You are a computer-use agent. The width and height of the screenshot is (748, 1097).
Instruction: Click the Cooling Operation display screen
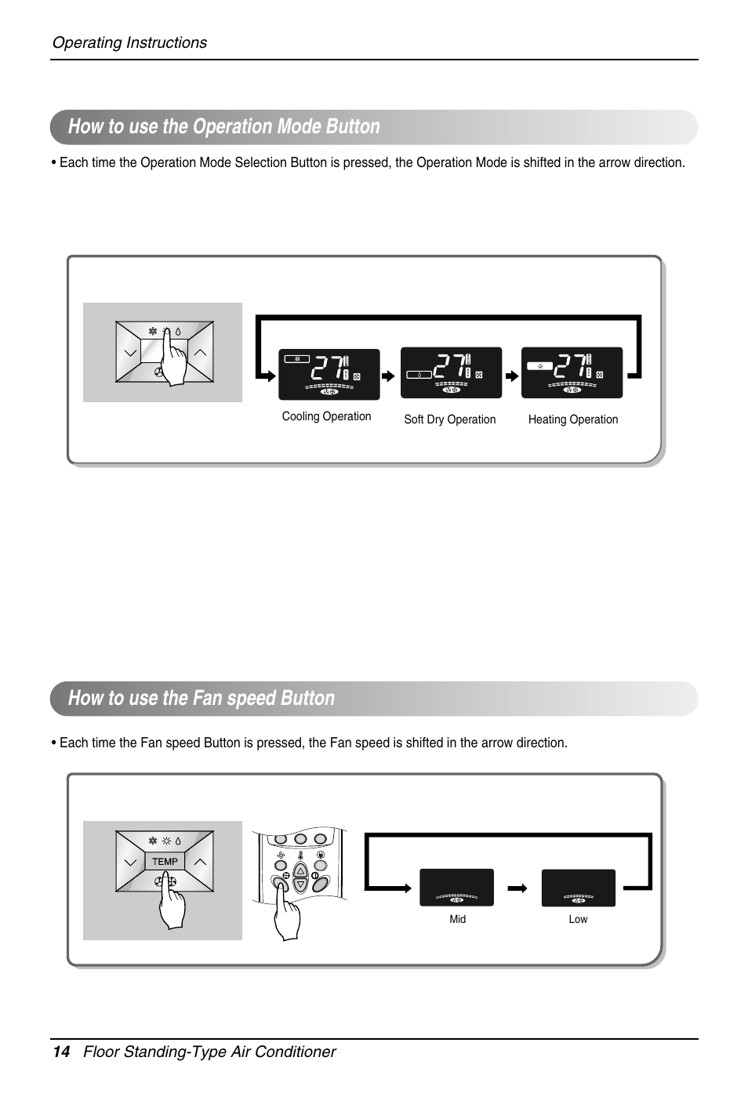(329, 375)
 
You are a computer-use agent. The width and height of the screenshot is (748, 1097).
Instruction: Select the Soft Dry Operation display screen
(451, 373)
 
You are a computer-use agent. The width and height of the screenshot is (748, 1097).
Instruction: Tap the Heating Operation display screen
(572, 373)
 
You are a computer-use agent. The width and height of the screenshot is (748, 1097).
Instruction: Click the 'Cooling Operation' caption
(326, 416)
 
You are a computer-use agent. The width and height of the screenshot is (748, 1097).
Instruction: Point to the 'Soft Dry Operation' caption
(449, 420)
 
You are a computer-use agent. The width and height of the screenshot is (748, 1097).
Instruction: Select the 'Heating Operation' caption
(572, 420)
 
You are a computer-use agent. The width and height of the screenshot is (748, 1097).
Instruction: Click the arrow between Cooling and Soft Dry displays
(388, 376)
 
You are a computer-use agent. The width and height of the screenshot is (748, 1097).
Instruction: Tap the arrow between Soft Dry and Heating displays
(511, 376)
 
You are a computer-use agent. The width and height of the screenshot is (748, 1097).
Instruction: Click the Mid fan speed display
(456, 888)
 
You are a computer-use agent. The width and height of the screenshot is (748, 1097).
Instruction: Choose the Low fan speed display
(578, 888)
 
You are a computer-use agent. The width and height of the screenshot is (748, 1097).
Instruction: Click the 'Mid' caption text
(457, 919)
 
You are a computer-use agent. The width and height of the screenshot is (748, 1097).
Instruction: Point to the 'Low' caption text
(578, 919)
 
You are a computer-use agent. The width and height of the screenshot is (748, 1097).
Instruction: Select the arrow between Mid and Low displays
(517, 888)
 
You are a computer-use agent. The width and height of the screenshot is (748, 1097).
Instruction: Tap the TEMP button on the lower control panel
(165, 861)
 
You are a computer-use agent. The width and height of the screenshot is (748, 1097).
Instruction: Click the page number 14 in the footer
(61, 1052)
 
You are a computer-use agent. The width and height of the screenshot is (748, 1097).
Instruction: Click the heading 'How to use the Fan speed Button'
(202, 698)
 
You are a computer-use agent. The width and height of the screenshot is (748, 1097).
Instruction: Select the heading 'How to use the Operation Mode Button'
(223, 126)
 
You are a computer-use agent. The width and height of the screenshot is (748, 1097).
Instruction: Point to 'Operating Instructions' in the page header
(129, 42)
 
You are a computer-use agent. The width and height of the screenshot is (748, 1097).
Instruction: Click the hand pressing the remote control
(288, 914)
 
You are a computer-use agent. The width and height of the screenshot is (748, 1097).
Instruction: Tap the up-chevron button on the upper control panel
(201, 353)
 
